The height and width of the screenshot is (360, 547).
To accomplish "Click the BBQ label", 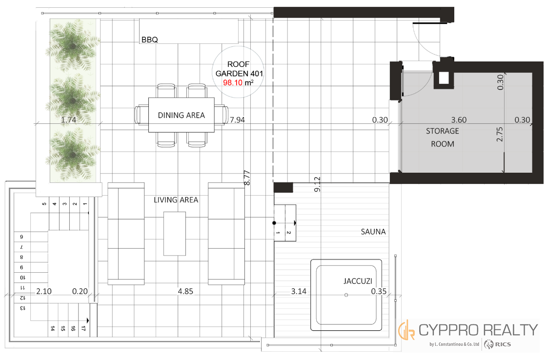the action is click(x=150, y=40).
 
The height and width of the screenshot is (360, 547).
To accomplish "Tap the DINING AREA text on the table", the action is click(x=182, y=115).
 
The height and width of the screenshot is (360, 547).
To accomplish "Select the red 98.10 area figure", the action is click(x=233, y=82).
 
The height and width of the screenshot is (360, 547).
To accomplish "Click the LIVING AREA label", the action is click(x=176, y=200).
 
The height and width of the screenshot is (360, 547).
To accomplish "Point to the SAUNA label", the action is click(x=373, y=232).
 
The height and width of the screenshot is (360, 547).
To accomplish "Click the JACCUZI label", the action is click(x=358, y=281).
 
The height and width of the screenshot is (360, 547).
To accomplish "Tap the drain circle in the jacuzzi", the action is click(x=346, y=295).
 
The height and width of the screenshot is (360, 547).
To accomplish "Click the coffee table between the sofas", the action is click(x=175, y=233).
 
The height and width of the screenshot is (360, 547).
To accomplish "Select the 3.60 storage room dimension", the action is click(x=459, y=120).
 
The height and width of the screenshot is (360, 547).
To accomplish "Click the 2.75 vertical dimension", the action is click(x=500, y=134).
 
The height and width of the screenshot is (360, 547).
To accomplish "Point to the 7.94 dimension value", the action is click(x=237, y=120).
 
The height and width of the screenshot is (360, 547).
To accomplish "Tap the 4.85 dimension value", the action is click(x=185, y=291).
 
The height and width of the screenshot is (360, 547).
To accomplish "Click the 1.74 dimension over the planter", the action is click(x=68, y=120).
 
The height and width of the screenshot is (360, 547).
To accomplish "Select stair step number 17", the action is click(x=83, y=328).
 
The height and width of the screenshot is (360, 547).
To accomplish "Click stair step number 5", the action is click(x=44, y=204).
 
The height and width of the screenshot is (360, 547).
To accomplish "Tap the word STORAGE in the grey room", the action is click(x=443, y=131).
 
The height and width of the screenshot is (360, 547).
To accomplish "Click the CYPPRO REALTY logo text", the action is click(x=478, y=330).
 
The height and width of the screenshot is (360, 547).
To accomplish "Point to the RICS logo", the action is click(x=498, y=344).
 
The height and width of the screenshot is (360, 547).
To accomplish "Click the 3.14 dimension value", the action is click(x=299, y=291).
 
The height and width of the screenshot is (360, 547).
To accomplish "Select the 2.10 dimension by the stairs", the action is click(x=44, y=291).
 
